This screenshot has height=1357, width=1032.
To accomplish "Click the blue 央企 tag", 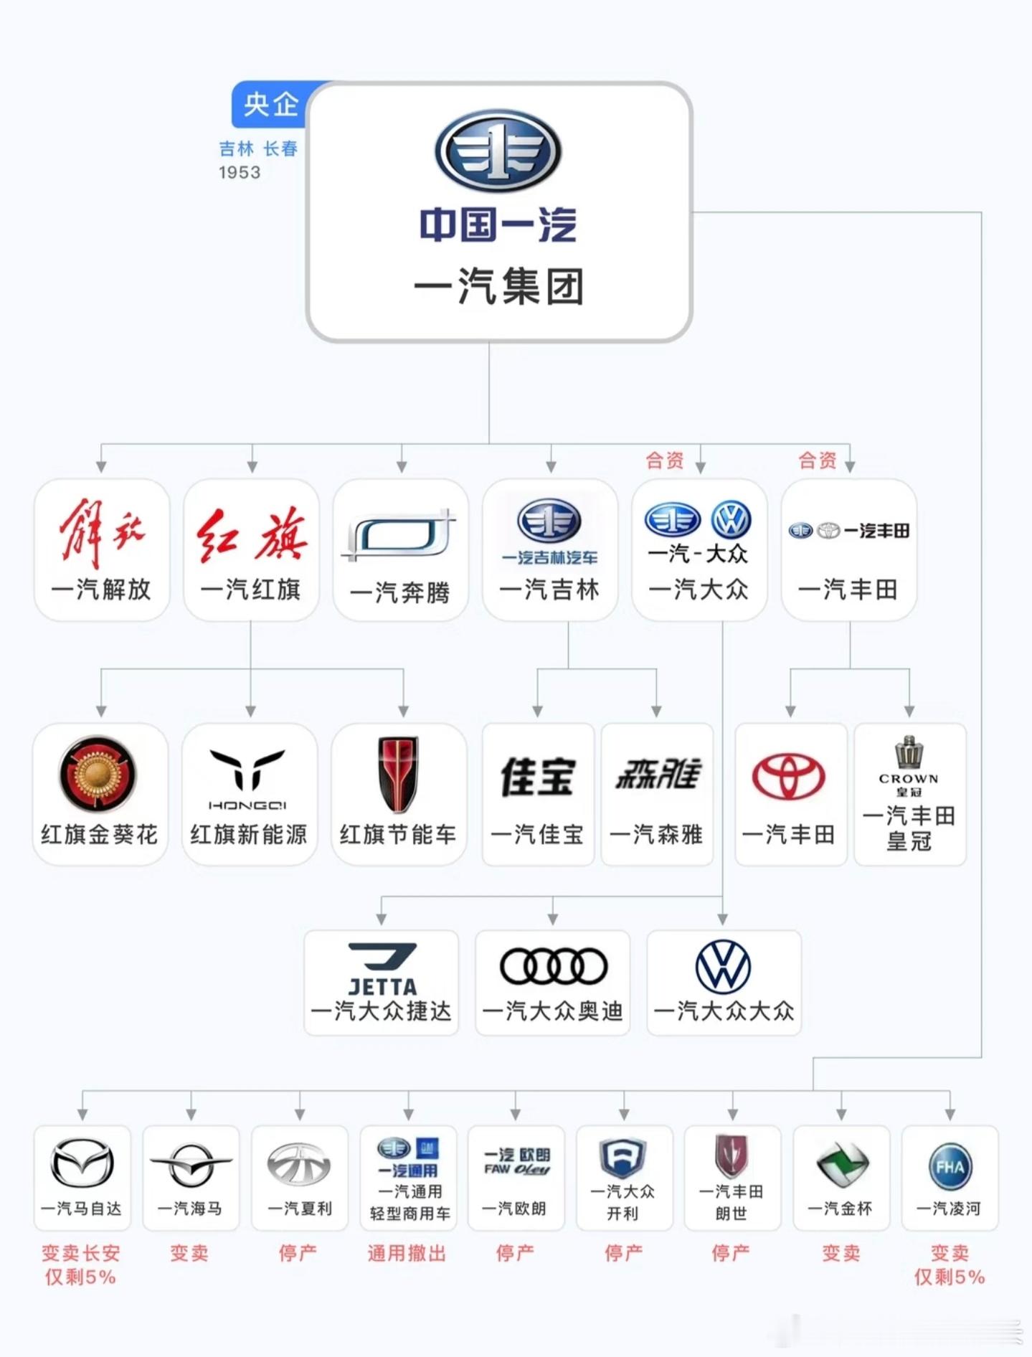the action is click(270, 105).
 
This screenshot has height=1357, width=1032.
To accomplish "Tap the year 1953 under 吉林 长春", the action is click(240, 173).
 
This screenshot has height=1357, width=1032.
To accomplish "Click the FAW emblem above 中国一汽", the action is click(498, 151).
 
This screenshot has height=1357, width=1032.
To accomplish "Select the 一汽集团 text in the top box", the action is click(498, 286).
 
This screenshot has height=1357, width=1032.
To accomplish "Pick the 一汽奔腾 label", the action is click(400, 592).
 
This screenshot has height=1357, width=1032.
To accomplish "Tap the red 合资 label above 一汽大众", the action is click(665, 460).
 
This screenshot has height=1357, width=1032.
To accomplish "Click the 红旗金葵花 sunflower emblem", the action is click(98, 773).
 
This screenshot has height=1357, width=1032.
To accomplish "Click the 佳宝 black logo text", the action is click(538, 777).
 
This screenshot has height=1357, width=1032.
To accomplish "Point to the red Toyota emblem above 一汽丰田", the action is click(788, 777).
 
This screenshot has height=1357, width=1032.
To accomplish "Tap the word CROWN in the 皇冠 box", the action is click(909, 779).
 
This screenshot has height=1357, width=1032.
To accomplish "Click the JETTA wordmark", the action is click(382, 986).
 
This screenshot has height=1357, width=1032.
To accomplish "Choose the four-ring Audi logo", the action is click(553, 966).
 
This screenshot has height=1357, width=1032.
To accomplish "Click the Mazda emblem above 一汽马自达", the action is click(82, 1163).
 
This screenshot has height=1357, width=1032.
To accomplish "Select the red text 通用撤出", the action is click(407, 1253).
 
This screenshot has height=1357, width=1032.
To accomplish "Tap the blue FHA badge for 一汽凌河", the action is click(950, 1167).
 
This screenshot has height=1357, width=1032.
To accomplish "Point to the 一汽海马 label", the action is click(190, 1209).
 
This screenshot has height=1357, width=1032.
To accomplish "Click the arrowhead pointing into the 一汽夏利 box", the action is click(300, 1115).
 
